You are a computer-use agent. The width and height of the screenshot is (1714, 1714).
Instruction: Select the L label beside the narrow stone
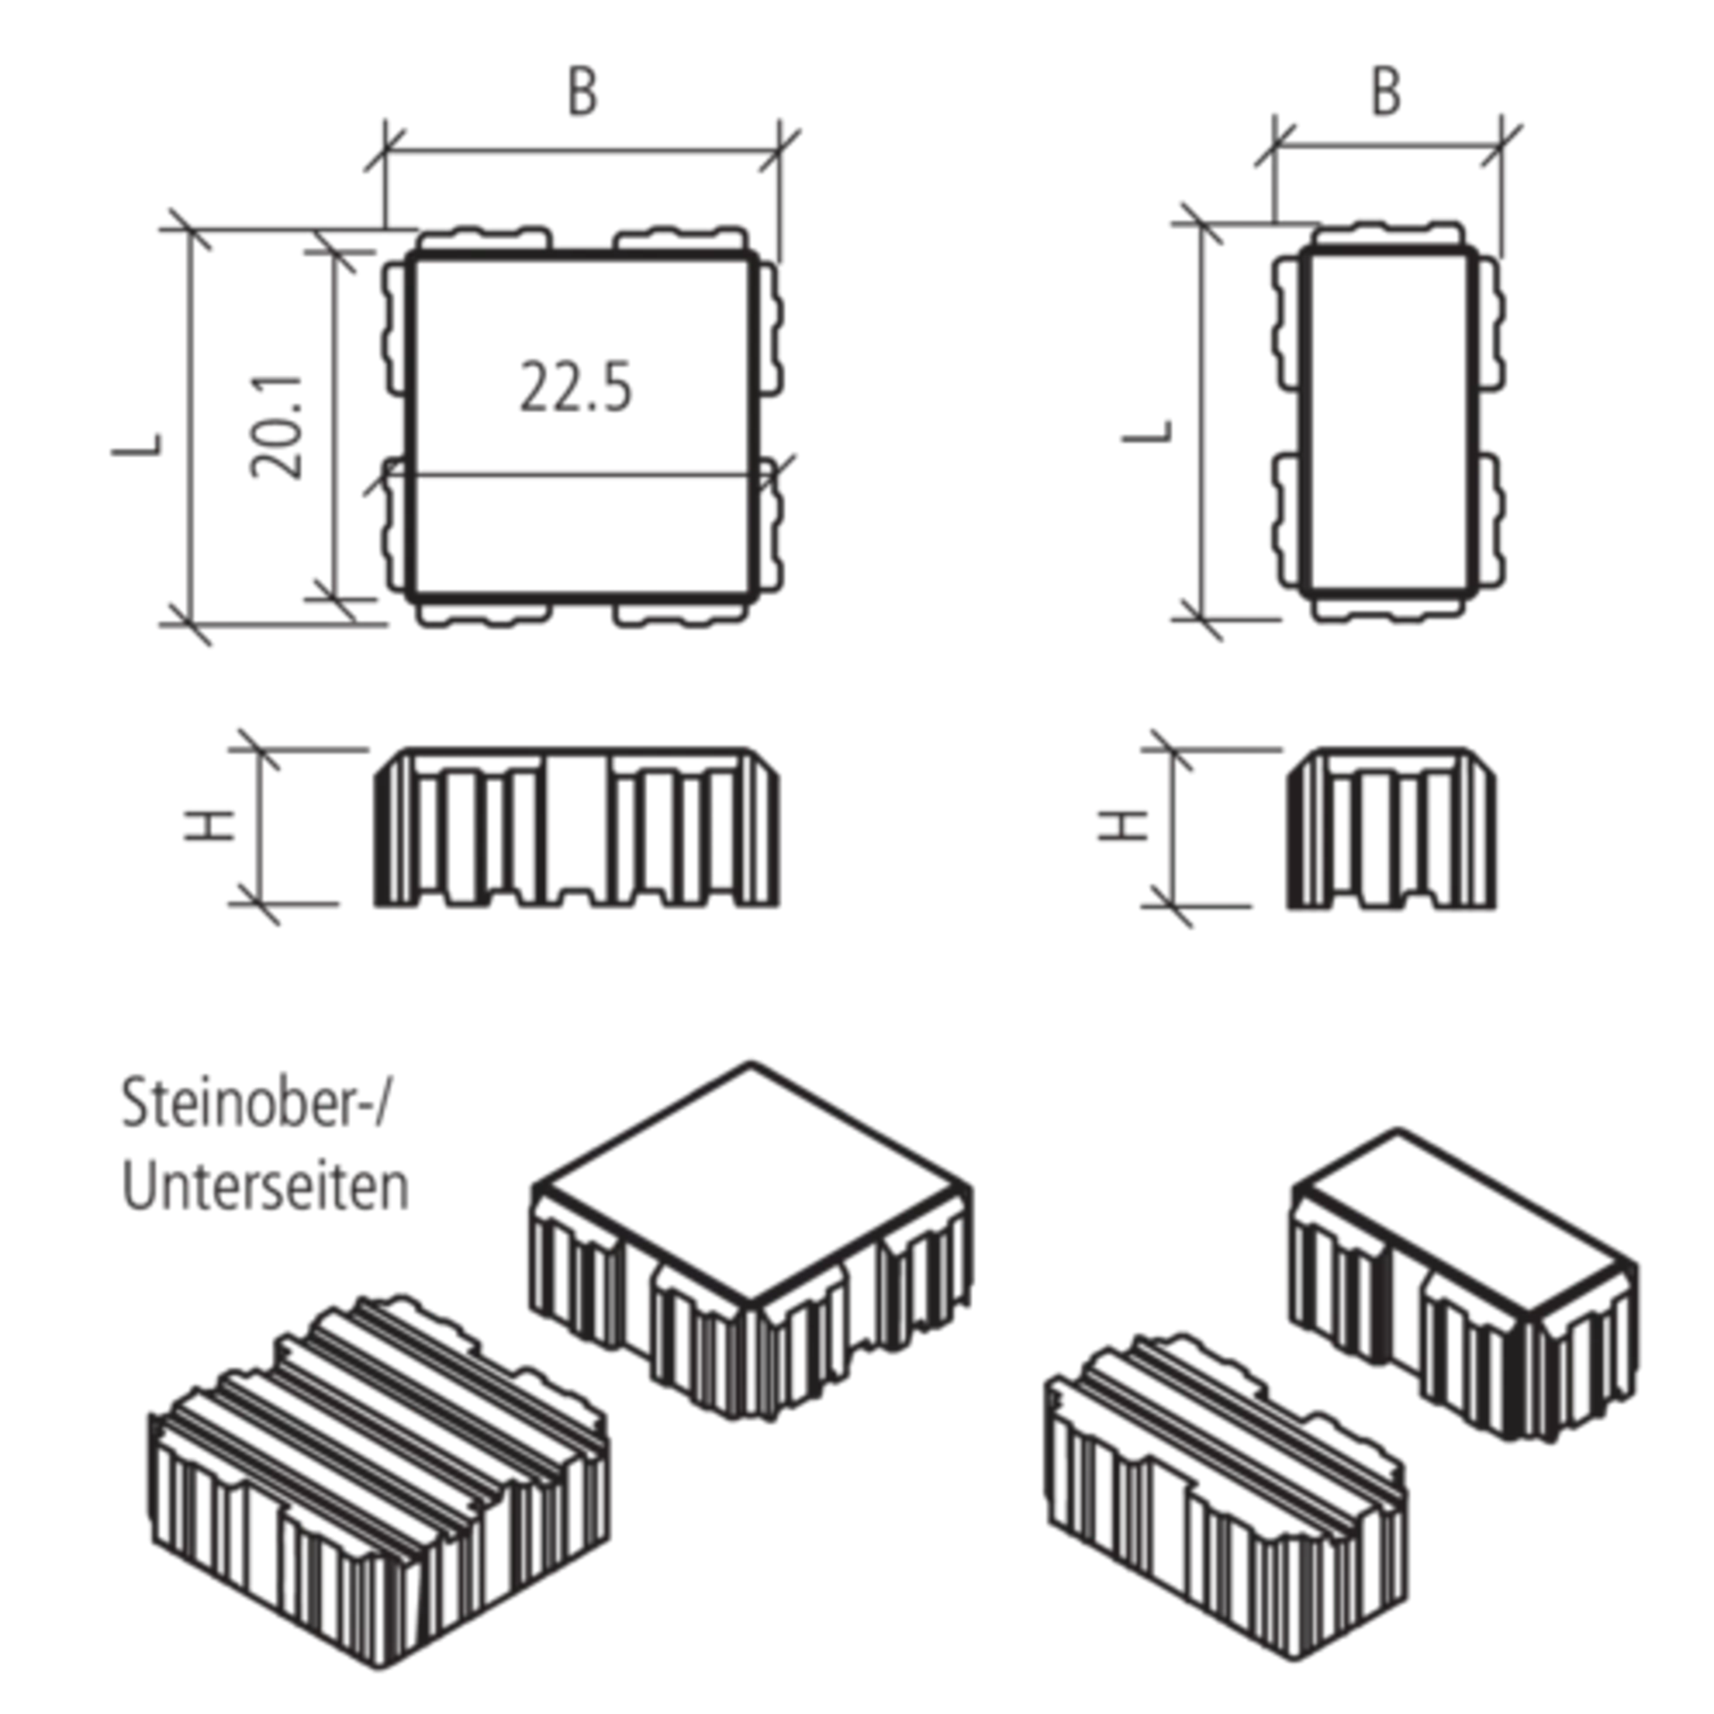click(x=1148, y=433)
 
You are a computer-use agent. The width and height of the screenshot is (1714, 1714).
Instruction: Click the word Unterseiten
click(x=267, y=1187)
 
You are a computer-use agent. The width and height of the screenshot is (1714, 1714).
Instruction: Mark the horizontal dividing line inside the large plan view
click(x=580, y=473)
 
